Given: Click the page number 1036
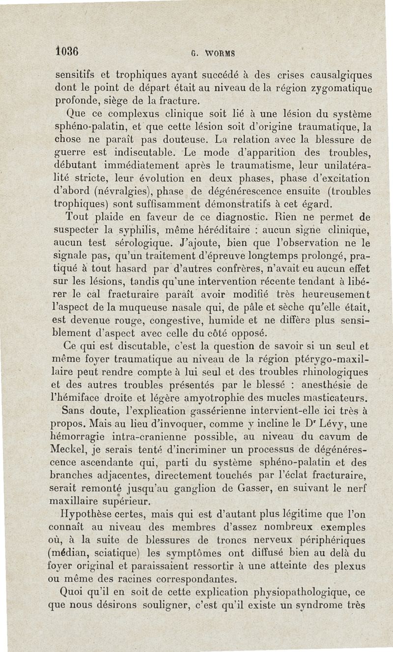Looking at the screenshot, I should (65, 51).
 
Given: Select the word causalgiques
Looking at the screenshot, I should (338, 76).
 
